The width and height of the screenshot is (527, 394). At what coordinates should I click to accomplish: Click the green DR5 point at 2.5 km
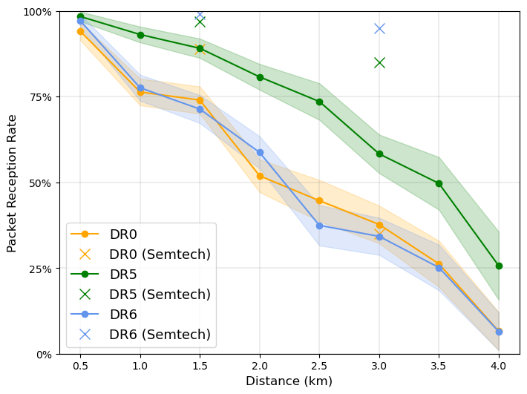point(319,102)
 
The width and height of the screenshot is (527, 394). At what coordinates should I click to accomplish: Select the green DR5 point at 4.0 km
point(499,266)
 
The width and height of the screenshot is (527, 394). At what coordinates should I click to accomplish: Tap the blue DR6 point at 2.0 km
point(260,152)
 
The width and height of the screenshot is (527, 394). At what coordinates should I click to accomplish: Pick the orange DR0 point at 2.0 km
point(260,176)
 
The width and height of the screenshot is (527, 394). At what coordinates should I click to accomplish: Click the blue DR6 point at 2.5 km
point(319,226)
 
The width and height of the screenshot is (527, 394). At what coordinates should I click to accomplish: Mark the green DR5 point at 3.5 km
point(439,183)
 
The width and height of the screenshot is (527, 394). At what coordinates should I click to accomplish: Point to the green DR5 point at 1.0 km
point(140,35)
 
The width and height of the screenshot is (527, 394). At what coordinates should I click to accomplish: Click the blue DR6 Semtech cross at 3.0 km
point(379,28)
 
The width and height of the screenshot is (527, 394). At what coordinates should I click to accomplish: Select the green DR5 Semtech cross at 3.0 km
point(379,62)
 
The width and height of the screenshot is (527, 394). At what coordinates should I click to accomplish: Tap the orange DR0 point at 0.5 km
point(80,31)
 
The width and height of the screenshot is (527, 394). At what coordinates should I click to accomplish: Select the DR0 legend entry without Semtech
point(123,234)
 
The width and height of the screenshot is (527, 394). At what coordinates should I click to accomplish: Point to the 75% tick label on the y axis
point(39,97)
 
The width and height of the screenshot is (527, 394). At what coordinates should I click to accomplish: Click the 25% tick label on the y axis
point(39,269)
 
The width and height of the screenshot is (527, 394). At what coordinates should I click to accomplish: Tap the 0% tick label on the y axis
point(42,354)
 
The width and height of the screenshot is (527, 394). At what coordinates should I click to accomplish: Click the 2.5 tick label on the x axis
point(319,365)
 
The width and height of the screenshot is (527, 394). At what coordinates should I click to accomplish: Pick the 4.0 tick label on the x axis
point(499,365)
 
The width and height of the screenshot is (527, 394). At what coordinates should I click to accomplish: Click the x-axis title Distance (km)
point(289,381)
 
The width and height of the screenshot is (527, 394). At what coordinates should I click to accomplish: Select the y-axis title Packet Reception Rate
point(12,183)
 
